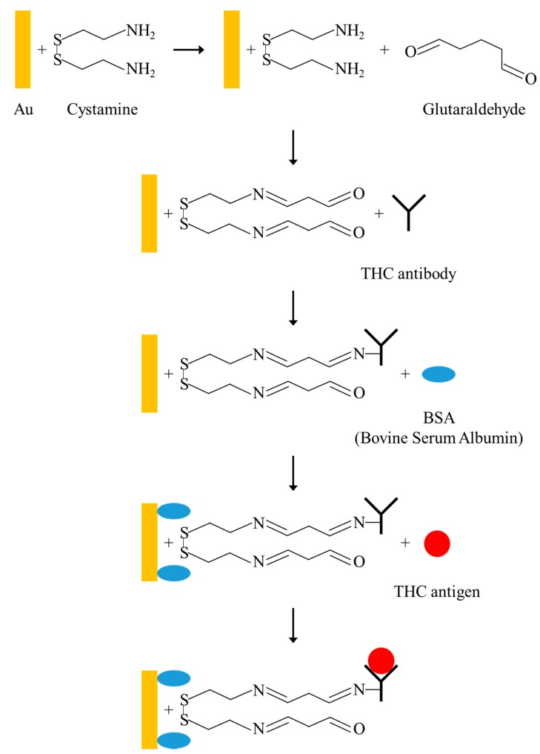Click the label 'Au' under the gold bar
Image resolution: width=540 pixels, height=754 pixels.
coord(24,111)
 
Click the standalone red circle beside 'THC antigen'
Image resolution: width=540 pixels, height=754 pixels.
coord(437,543)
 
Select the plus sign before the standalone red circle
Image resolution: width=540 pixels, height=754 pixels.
coord(405,543)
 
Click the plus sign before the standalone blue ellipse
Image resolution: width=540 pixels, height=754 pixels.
coord(405,375)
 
